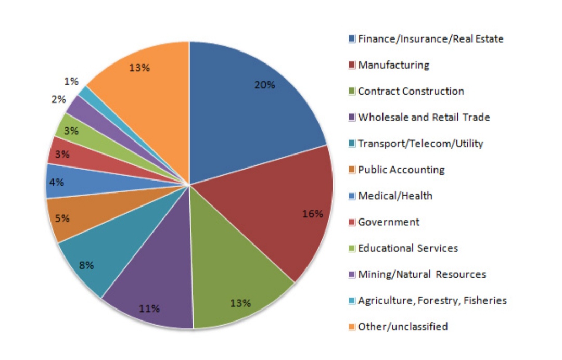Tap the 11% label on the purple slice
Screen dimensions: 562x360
point(149,308)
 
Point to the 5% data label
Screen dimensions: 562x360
point(62,218)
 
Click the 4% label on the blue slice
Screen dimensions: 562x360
point(57,182)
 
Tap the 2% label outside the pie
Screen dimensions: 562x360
point(58,99)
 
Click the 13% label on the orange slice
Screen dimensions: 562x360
point(139,67)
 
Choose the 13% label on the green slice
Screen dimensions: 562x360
point(240,303)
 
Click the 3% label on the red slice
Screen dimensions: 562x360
point(62,154)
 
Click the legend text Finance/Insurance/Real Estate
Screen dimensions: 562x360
point(430,38)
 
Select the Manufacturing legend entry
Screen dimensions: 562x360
point(393,65)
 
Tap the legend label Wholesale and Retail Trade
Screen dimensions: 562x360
point(424,117)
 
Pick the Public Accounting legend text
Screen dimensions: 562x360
point(401,170)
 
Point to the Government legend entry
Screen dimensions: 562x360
point(389,222)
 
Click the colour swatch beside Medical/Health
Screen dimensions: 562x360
point(352,196)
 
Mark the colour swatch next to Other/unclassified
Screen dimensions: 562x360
point(352,327)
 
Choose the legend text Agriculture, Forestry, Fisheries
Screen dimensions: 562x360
point(432,300)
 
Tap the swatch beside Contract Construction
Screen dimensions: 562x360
point(352,92)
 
